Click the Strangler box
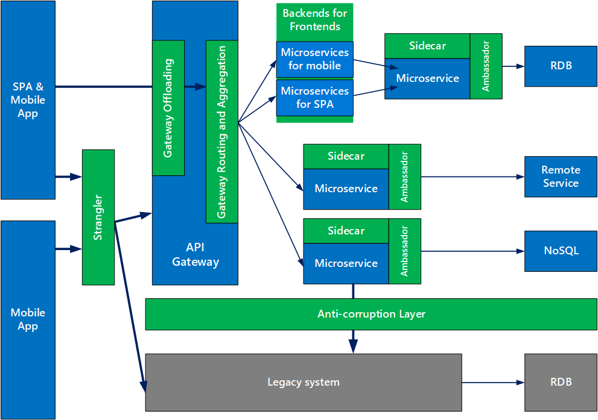tap(98, 217)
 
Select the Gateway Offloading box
tap(168, 108)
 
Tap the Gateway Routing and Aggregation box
tap(221, 131)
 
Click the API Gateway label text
tap(195, 254)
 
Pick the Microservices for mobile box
tap(314, 59)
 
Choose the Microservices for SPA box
tap(314, 98)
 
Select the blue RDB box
tap(561, 66)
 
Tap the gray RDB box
tap(561, 382)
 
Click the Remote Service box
tap(561, 177)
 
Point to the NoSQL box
tap(561, 251)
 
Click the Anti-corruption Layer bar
tap(371, 314)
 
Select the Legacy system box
tap(304, 382)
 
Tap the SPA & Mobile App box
tap(28, 100)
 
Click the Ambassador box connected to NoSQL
tap(405, 251)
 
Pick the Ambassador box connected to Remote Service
tap(405, 177)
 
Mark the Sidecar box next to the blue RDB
tap(427, 46)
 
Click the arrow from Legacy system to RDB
tap(492, 382)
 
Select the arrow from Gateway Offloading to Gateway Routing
tap(195, 87)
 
